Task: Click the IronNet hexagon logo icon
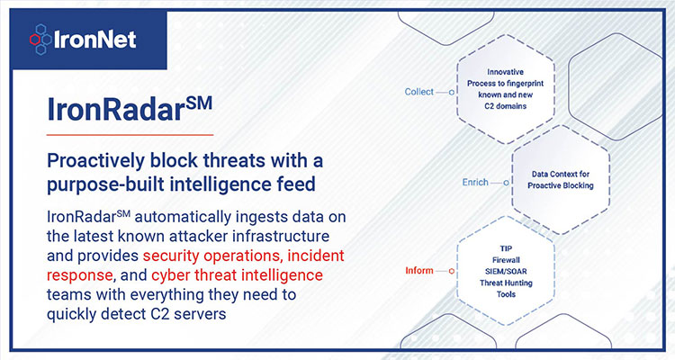point(40,40)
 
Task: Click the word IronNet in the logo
point(95,40)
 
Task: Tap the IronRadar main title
point(130,109)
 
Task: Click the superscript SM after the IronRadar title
point(199,103)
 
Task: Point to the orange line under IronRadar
point(130,135)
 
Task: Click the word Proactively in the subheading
point(96,161)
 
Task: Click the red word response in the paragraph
point(79,275)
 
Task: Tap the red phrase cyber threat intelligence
point(238,274)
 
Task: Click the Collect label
point(418,92)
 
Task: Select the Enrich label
point(475,183)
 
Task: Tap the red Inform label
point(419,270)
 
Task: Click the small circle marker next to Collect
point(452,92)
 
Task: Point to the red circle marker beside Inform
point(452,271)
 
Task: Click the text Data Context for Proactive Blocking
point(561,180)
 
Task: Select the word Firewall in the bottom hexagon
point(506,260)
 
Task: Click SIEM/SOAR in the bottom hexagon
point(506,271)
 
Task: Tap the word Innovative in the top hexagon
point(506,72)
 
